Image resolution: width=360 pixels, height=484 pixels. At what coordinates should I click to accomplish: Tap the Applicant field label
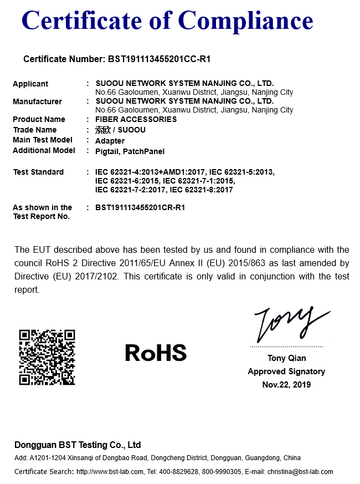(30, 84)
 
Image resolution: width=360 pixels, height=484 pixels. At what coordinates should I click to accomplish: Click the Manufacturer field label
(37, 101)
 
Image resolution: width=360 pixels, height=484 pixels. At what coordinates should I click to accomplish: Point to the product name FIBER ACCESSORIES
(136, 119)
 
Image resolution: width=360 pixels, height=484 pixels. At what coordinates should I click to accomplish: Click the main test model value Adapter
(110, 141)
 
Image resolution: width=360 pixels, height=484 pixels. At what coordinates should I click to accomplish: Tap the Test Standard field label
(38, 172)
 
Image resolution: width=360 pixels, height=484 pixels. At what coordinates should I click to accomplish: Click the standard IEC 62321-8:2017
(201, 190)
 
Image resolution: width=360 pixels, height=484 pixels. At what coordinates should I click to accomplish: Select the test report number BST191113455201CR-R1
(140, 207)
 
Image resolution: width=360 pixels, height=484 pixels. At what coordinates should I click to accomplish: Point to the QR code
(47, 358)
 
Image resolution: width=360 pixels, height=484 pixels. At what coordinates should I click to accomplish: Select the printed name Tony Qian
(286, 358)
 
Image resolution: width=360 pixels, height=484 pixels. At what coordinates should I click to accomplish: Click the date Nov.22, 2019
(286, 385)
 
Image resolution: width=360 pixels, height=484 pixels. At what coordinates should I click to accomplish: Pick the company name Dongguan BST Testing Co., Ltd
(78, 445)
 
